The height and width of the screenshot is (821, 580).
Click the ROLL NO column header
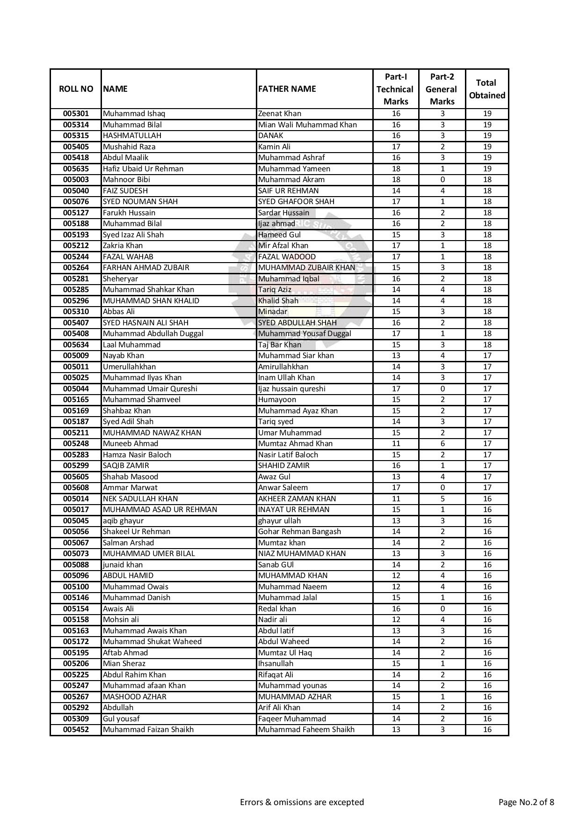(x=76, y=89)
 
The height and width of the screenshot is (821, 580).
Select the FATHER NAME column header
(x=287, y=89)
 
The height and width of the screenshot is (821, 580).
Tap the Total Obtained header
(x=486, y=89)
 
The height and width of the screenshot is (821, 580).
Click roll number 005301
(x=76, y=114)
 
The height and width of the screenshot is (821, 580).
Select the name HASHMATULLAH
(x=132, y=136)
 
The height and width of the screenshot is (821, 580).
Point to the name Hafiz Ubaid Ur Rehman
(x=143, y=169)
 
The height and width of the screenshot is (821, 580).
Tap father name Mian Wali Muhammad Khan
(x=307, y=125)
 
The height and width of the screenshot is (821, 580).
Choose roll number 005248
(x=76, y=444)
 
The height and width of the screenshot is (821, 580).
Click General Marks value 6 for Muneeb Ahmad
(x=442, y=444)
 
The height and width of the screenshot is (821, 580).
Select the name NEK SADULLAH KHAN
(x=140, y=499)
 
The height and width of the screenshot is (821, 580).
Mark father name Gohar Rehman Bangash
(x=299, y=532)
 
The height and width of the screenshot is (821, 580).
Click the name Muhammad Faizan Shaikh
(x=148, y=730)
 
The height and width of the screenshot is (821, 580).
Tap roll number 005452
(x=76, y=730)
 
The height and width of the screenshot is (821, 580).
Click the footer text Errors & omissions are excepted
(x=302, y=802)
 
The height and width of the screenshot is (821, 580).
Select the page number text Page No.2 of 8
(x=526, y=802)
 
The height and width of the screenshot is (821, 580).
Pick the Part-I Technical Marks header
(x=395, y=89)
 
